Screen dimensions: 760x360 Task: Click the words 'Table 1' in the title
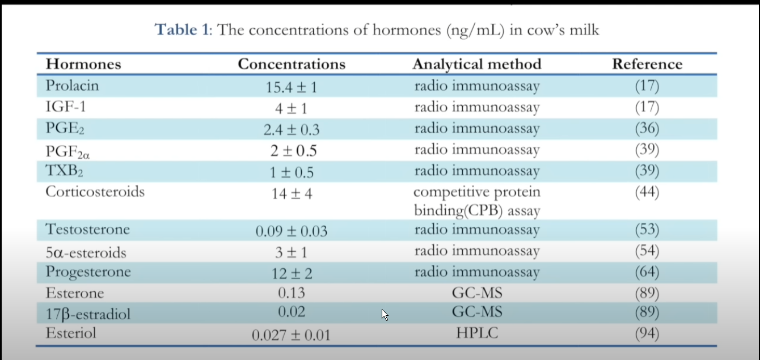(x=181, y=29)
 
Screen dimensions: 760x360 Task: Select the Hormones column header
(x=83, y=64)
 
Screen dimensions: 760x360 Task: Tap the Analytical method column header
(x=476, y=64)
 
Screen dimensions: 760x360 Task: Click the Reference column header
(x=647, y=64)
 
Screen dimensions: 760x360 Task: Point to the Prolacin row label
(x=72, y=85)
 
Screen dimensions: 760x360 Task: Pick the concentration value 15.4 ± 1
(x=292, y=87)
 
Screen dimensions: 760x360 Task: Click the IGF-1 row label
(x=66, y=107)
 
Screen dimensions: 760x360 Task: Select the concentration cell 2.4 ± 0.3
(x=292, y=129)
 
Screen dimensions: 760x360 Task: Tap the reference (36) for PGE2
(x=647, y=128)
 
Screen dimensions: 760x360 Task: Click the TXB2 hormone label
(x=65, y=171)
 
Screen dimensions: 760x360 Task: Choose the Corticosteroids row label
(x=95, y=192)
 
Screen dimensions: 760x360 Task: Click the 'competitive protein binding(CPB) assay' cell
(x=476, y=201)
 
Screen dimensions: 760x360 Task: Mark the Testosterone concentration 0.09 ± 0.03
(x=292, y=231)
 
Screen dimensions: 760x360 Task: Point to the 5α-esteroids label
(x=86, y=252)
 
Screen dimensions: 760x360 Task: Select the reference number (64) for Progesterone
(x=647, y=272)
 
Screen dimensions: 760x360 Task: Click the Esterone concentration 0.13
(x=292, y=293)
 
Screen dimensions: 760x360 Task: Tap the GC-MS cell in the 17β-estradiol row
(x=476, y=311)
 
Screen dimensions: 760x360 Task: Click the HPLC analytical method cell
(x=476, y=333)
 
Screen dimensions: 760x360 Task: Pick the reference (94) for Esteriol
(x=647, y=333)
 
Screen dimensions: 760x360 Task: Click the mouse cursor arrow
(x=385, y=315)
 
